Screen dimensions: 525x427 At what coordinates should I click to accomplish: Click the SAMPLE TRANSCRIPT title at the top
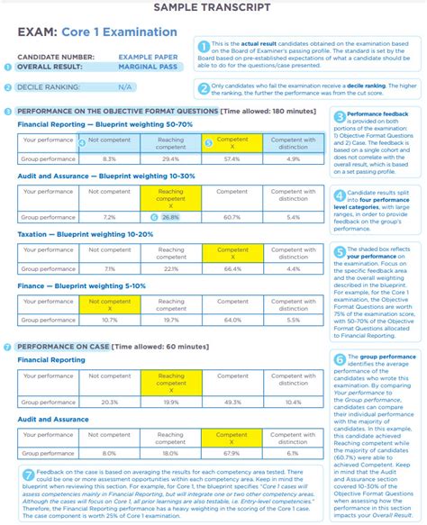pos(213,8)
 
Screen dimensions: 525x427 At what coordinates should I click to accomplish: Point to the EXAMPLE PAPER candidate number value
pos(148,55)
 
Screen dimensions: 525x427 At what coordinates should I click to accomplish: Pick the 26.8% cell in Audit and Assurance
pos(170,217)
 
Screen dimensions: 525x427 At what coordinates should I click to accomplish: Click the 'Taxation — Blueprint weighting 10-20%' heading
pos(86,233)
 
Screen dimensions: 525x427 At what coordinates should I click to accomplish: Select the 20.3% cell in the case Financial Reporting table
pos(109,402)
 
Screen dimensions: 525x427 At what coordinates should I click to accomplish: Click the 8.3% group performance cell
pos(109,158)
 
